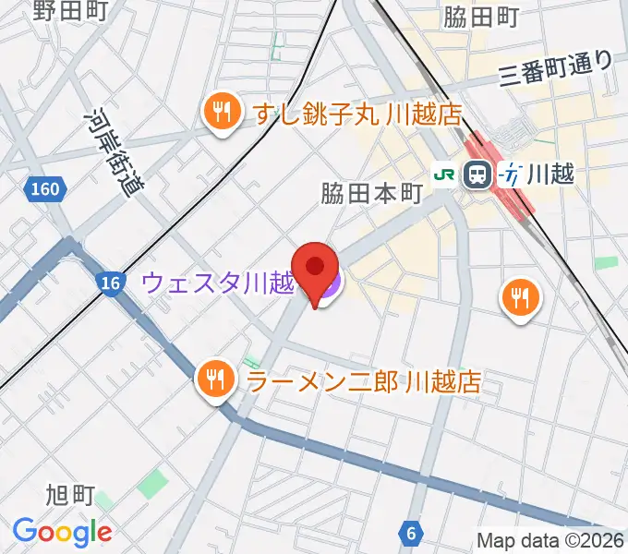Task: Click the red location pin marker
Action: [314, 269]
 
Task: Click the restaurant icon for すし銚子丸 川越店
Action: [220, 114]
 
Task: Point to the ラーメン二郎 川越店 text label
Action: [363, 380]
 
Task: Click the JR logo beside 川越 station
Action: [445, 173]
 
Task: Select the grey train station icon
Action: [477, 173]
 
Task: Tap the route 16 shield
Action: [110, 283]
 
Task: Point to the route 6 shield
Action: [409, 532]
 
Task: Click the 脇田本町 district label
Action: [372, 194]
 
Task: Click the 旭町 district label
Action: [69, 496]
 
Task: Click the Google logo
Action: [62, 531]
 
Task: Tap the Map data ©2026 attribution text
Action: [550, 541]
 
